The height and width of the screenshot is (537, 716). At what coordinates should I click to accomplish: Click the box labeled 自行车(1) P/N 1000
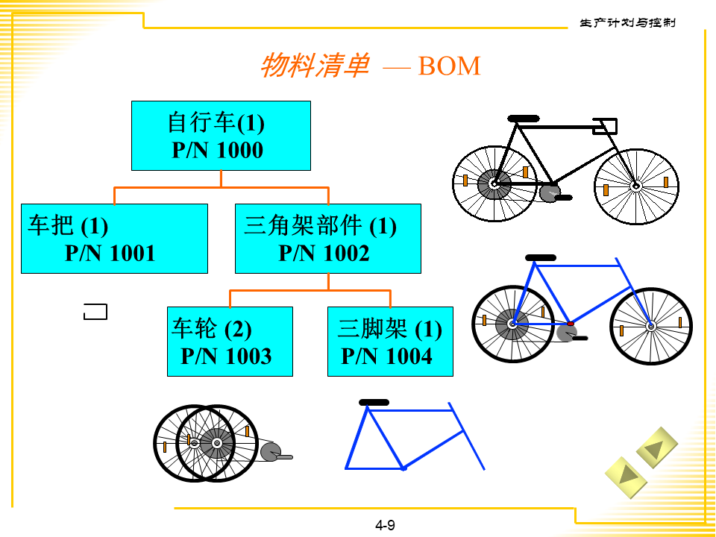tap(221, 136)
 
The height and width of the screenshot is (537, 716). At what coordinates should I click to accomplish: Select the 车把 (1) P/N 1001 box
tap(114, 239)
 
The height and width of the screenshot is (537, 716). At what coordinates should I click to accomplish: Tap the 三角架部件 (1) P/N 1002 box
tap(327, 239)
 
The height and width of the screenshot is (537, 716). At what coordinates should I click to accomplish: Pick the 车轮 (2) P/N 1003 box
tap(230, 342)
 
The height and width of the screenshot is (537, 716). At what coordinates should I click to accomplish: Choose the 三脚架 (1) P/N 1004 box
tap(390, 342)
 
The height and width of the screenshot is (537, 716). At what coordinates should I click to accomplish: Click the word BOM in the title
tap(449, 66)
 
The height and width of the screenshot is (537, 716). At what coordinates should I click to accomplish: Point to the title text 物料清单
tap(314, 66)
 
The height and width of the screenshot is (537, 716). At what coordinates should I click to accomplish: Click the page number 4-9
tap(385, 525)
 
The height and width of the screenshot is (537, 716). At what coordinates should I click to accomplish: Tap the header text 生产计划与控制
tap(627, 23)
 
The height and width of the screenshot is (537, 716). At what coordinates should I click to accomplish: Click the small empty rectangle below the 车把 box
tap(95, 312)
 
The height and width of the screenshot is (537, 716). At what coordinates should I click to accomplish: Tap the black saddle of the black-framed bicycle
tap(523, 119)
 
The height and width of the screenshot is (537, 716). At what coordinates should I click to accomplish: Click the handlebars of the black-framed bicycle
tap(604, 126)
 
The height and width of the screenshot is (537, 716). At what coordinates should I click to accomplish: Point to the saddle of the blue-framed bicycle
tap(541, 257)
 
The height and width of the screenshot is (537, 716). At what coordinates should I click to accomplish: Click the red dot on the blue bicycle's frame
tap(571, 324)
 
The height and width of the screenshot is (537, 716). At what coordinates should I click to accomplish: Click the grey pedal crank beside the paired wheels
tap(273, 452)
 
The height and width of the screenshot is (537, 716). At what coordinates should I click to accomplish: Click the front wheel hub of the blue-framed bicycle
tap(650, 325)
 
